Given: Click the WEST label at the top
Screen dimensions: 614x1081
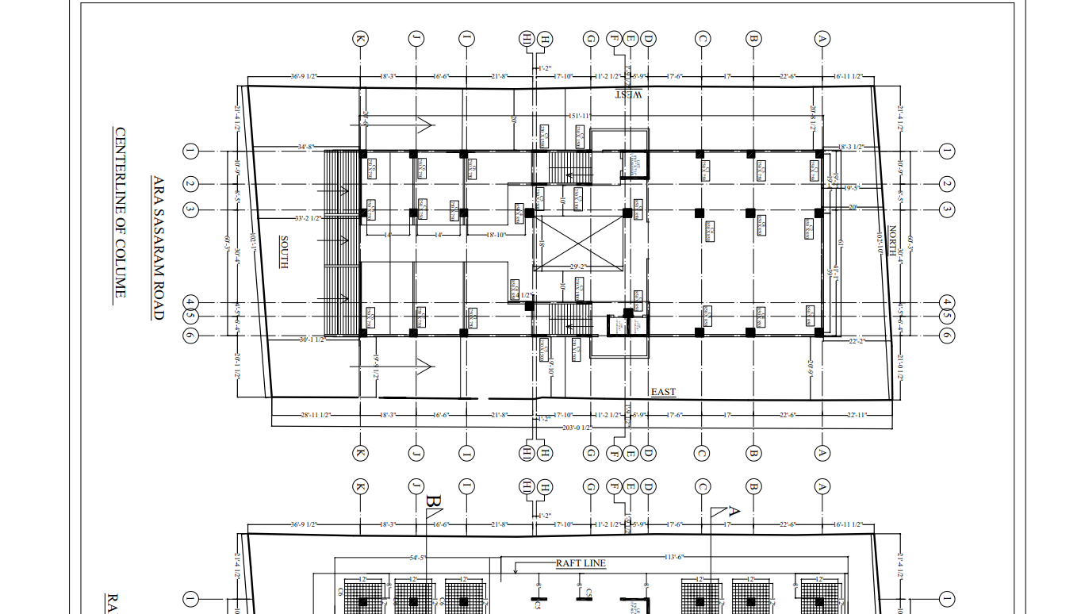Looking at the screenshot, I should pyautogui.click(x=629, y=95).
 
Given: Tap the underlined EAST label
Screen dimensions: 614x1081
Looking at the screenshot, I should pyautogui.click(x=663, y=392).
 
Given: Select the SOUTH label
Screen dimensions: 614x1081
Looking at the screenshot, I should pyautogui.click(x=283, y=252).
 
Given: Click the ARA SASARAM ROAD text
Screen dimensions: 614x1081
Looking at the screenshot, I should pyautogui.click(x=158, y=248).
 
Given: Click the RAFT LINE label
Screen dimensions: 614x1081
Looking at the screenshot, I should pyautogui.click(x=581, y=563).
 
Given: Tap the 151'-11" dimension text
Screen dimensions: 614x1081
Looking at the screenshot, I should pyautogui.click(x=577, y=117).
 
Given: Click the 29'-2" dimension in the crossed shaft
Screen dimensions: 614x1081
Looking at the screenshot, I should pyautogui.click(x=581, y=267).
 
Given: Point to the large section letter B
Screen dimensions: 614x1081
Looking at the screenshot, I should pyautogui.click(x=433, y=501).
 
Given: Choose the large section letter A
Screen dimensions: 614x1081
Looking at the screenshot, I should pyautogui.click(x=734, y=512).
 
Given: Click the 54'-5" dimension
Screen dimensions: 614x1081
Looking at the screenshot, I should pyautogui.click(x=419, y=557).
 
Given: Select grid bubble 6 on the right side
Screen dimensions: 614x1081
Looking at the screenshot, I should pyautogui.click(x=946, y=336).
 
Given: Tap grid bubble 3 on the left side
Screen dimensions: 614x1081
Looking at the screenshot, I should pyautogui.click(x=190, y=210).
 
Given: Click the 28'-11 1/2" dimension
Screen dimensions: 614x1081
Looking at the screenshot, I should pyautogui.click(x=315, y=416).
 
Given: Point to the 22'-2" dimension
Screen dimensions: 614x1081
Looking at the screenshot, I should pyautogui.click(x=857, y=341).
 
